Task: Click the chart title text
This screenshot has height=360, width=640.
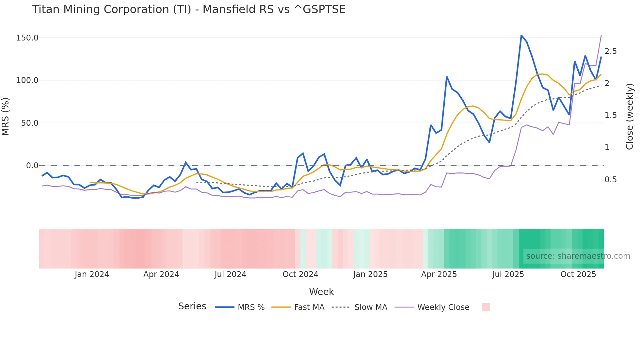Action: (188, 9)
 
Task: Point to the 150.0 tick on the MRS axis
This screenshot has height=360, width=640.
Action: (27, 38)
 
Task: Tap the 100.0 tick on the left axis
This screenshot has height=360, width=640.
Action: (27, 80)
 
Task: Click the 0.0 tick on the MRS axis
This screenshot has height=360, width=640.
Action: (32, 166)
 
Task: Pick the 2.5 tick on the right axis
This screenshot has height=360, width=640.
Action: (611, 51)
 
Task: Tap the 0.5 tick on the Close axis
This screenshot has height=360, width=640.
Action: (611, 180)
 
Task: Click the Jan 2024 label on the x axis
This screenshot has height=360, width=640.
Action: (92, 274)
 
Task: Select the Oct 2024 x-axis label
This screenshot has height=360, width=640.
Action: (300, 274)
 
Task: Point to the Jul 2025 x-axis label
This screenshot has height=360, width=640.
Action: (508, 274)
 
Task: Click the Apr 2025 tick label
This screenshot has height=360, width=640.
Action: (439, 274)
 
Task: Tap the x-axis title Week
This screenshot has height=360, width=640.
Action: (321, 292)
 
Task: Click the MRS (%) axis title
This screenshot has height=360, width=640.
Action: (6, 116)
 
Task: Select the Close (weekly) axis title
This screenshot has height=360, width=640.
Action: (630, 116)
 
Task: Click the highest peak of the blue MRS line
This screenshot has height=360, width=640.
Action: (521, 35)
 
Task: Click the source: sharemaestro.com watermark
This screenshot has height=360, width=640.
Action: (578, 256)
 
